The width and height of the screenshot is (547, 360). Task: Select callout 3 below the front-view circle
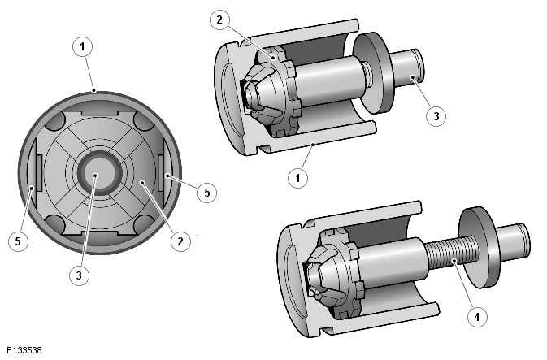78,275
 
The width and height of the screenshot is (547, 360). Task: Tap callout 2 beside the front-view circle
182,240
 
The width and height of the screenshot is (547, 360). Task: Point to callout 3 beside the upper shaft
436,115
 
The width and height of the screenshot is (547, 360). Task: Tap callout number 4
477,315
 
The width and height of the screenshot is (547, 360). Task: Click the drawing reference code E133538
23,351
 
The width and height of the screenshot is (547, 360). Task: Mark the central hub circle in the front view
94,172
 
